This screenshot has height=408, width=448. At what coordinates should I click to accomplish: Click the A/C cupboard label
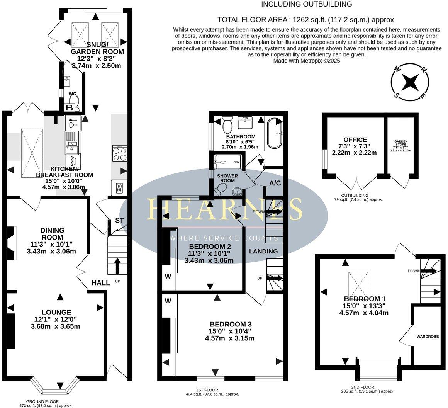275,183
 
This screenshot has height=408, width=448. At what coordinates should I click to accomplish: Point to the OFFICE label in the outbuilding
355,140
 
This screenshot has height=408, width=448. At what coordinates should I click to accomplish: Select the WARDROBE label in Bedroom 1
428,337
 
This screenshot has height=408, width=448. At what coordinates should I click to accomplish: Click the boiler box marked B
70,108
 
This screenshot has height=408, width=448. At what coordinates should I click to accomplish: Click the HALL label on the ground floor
101,283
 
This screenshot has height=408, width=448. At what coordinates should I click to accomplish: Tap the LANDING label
263,251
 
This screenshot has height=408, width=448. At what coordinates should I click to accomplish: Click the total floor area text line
307,20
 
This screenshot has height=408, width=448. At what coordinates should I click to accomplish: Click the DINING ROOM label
53,233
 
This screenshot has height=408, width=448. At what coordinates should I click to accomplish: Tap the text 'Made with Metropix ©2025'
307,61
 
